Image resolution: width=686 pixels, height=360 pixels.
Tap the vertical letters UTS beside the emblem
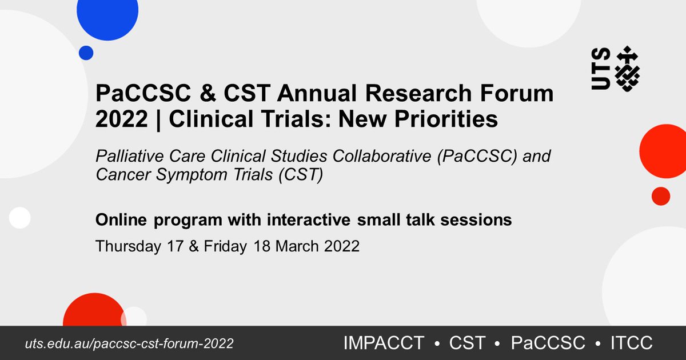click(601, 69)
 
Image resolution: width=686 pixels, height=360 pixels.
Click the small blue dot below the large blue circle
click(86, 53)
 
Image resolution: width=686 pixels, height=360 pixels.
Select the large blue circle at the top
click(107, 14)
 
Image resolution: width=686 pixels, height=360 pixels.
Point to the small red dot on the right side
click(660, 195)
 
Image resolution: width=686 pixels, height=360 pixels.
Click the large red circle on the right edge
click(664, 151)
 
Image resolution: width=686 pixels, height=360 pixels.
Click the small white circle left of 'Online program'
click(19, 218)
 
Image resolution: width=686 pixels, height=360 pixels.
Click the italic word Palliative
click(123, 157)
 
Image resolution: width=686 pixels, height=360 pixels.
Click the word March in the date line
click(298, 246)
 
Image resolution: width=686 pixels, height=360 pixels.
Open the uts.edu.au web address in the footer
click(129, 343)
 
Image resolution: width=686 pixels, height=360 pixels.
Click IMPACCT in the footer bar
click(384, 343)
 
